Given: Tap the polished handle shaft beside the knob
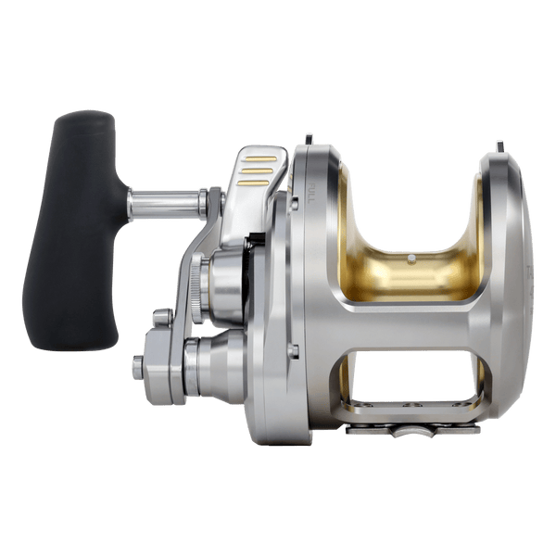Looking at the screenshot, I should coord(167,201).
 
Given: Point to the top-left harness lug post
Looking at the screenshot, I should coord(310,140).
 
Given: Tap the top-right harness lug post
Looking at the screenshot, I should coord(499,145).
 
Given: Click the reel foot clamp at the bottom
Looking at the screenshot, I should coord(412,429).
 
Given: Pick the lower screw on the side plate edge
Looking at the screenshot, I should coord(292,349).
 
